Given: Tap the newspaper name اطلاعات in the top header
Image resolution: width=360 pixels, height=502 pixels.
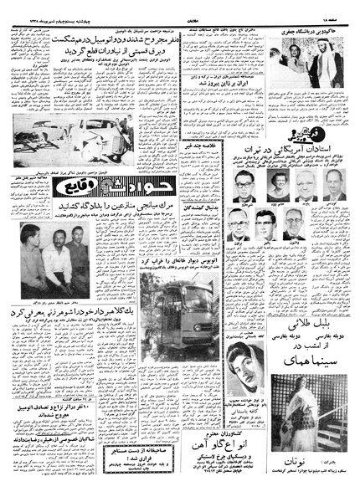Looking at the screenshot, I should click(179, 6).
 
